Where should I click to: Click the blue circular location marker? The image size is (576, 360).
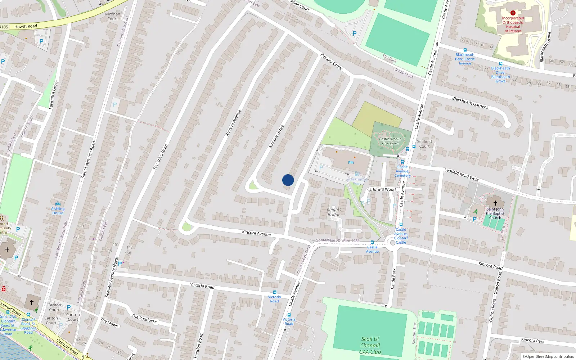[x=288, y=180]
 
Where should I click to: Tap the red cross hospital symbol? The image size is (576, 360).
[x=513, y=13]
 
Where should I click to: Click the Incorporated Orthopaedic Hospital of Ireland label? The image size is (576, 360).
[x=513, y=24]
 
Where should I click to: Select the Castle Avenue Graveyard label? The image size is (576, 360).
[x=390, y=141]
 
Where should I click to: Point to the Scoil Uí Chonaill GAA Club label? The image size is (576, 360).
[x=370, y=345]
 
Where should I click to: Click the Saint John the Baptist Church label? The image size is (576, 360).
[x=495, y=213]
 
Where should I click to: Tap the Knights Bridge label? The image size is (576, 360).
[x=334, y=212]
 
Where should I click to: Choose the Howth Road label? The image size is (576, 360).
[x=26, y=26]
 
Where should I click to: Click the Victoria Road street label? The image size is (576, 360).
[x=202, y=285]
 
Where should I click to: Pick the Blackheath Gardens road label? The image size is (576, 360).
[x=470, y=103]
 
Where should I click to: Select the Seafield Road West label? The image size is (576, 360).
[x=461, y=175]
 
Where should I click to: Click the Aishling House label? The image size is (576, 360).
[x=58, y=211]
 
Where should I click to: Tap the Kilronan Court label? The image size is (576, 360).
[x=112, y=17]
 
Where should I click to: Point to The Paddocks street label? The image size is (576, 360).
[x=144, y=318]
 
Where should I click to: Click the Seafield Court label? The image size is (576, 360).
[x=424, y=144]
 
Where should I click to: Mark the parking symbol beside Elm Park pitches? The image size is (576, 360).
[x=355, y=33]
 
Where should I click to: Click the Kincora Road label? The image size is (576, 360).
[x=490, y=266]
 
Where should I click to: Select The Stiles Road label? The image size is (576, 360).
[x=160, y=157]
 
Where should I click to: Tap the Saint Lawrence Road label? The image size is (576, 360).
[x=88, y=159]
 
